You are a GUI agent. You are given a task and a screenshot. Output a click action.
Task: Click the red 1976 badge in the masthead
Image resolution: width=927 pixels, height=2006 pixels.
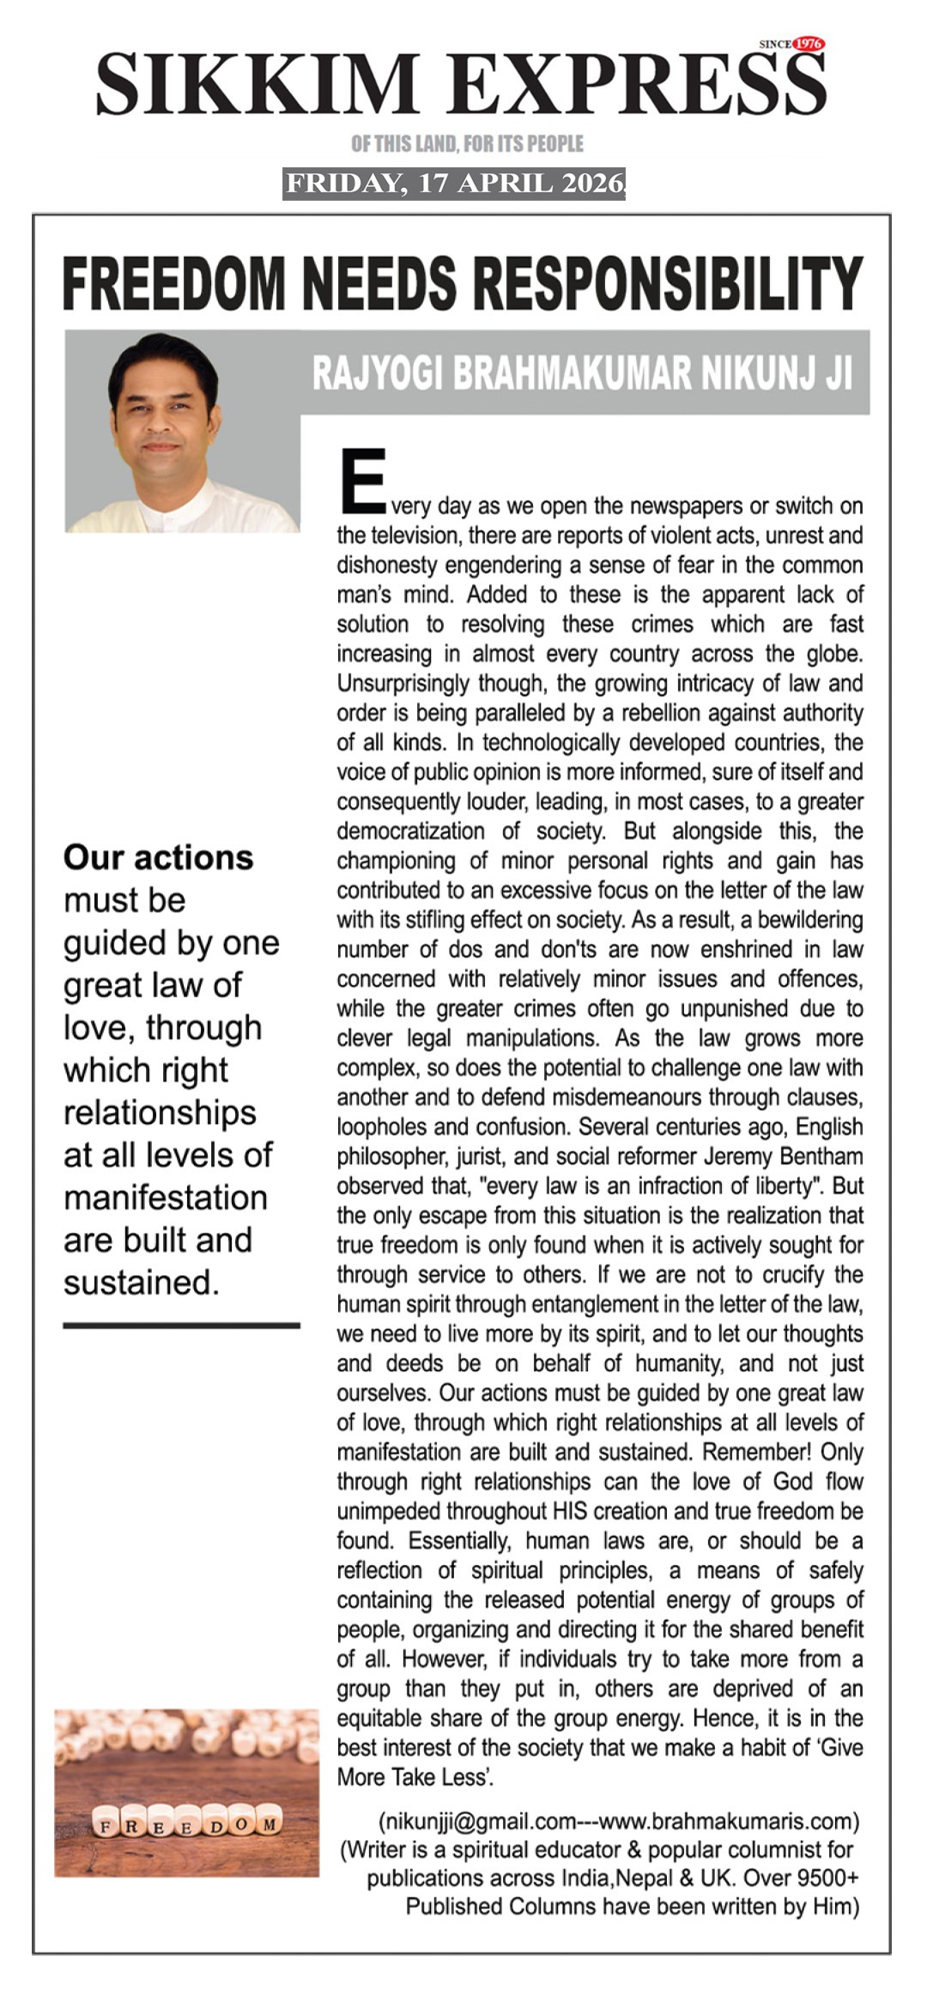click(x=808, y=44)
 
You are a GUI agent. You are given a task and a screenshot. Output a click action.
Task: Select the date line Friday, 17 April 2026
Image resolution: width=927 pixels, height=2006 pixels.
click(x=454, y=184)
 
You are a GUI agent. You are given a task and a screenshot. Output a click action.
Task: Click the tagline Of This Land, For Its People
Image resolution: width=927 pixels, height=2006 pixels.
click(x=467, y=143)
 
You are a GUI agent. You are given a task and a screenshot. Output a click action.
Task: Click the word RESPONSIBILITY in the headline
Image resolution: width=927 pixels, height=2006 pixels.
click(x=669, y=283)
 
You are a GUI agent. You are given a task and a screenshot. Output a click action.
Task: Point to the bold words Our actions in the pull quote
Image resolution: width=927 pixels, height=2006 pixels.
click(x=158, y=857)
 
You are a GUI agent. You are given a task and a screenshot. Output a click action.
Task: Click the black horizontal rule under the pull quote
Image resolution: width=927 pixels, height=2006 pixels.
click(x=181, y=1326)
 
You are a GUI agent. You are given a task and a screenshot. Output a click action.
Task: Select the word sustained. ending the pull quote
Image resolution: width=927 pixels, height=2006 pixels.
click(x=142, y=1282)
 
